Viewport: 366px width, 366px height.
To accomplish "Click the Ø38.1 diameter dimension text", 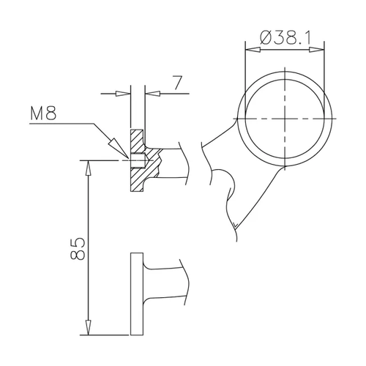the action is pyautogui.click(x=285, y=37).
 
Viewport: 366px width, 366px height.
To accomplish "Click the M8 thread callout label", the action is pyautogui.click(x=43, y=113).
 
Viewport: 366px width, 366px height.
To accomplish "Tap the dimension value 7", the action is pyautogui.click(x=177, y=83).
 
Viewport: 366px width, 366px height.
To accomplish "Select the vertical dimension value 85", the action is pyautogui.click(x=78, y=248).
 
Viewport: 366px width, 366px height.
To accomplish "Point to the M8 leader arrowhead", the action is pyautogui.click(x=119, y=149).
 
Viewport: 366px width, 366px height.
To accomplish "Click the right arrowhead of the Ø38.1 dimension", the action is pyautogui.click(x=317, y=50).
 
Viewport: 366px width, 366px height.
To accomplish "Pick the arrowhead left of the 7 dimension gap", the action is pyautogui.click(x=123, y=94).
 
